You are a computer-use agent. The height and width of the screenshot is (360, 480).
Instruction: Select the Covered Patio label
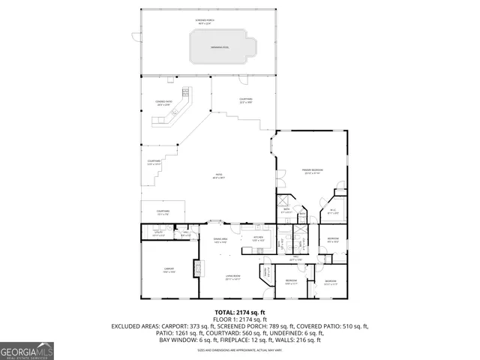[x=163, y=103]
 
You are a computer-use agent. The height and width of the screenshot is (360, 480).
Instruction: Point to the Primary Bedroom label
[x=312, y=172]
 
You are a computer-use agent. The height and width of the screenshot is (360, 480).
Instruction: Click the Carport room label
[x=169, y=269]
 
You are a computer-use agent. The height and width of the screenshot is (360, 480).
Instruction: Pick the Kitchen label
[x=258, y=239]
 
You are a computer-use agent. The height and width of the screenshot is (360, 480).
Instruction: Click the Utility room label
[x=157, y=235]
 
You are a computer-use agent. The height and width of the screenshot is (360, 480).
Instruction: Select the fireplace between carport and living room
[x=198, y=268]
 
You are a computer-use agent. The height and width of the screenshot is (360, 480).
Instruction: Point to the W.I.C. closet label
[x=333, y=212]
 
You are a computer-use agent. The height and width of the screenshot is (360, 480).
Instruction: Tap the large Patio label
[x=219, y=177]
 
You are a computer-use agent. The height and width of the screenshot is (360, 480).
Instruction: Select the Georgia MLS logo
[x=27, y=350]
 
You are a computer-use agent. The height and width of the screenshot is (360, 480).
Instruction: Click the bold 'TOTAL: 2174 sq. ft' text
[x=240, y=312]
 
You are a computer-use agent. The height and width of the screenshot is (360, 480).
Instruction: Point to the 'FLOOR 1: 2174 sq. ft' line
[x=240, y=319]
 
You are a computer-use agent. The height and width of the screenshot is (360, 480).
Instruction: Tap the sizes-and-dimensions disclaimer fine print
[x=240, y=350]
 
